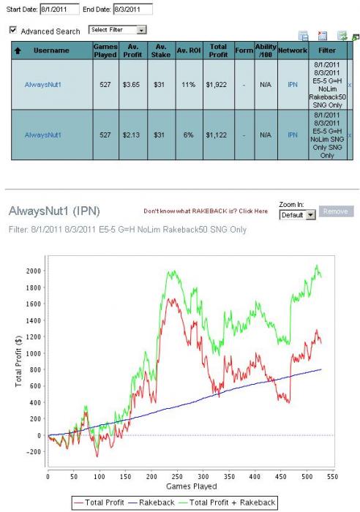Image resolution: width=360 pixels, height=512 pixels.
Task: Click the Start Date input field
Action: pos(59,9)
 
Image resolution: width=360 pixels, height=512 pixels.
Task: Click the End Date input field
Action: pos(132,9)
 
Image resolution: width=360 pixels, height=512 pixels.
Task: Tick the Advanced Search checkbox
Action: pos(13,31)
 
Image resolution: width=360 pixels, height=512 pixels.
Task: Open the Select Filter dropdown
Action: pos(117,30)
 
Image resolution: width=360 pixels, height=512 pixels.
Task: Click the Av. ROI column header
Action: pos(189,50)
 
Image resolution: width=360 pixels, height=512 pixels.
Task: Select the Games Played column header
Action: pos(105,50)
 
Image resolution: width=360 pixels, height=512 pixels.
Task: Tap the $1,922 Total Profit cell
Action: pos(217,85)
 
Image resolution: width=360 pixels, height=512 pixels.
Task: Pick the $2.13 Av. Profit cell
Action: pos(131,135)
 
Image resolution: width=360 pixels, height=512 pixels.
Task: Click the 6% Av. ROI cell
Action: pos(189,135)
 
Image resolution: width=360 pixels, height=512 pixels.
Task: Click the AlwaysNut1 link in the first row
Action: pos(42,85)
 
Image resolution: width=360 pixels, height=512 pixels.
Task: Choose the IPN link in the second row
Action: pos(293,135)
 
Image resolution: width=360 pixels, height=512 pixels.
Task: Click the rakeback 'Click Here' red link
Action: pos(253,211)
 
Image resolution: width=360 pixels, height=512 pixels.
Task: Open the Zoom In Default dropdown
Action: pos(297,215)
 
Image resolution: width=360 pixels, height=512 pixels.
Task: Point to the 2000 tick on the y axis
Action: pos(34,271)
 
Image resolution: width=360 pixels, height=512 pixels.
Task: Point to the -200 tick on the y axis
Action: pos(33,451)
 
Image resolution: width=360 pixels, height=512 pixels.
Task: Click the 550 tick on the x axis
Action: pos(332,476)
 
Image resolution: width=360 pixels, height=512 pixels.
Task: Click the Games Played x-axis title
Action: pos(192,486)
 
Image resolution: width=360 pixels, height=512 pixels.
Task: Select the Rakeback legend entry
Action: pos(152,502)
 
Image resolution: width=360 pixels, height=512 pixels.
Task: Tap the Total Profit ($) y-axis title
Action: pos(18,361)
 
